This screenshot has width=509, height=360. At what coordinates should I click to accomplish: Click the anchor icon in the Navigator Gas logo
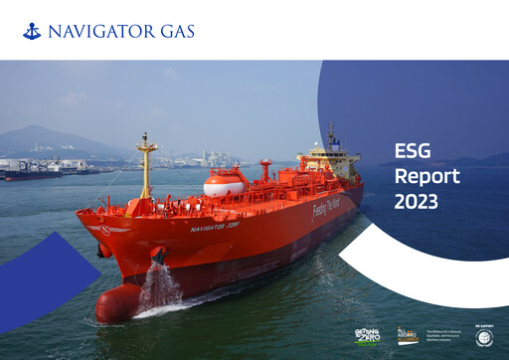32,31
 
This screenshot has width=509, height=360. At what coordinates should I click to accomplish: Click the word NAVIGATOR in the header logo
101,31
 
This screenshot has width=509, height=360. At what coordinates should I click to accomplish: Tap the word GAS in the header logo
176,31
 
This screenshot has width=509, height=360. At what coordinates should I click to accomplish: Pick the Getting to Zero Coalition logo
367,336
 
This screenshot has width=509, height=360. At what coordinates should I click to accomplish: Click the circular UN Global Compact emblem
485,338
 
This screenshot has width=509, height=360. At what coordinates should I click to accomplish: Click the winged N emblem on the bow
104,230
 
